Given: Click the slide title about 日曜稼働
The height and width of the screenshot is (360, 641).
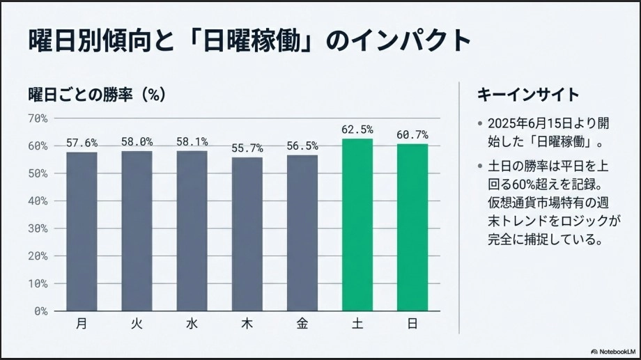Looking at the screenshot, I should (x=249, y=40).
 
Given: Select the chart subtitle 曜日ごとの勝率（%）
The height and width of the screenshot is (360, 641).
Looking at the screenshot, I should (x=97, y=94).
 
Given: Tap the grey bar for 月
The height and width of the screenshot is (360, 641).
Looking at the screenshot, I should (x=82, y=231).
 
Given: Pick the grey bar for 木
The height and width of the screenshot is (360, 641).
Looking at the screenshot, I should (x=247, y=234).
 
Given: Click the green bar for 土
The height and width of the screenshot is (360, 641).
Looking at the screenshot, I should (x=357, y=224).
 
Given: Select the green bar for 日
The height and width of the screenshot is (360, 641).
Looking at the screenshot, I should (x=412, y=227).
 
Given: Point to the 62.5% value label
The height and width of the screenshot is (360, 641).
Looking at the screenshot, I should (x=357, y=130).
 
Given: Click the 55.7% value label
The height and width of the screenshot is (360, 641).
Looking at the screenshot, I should (x=247, y=148).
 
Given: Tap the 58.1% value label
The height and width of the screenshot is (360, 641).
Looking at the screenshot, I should (x=192, y=142).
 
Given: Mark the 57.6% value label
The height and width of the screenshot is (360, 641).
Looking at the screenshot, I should (x=82, y=143).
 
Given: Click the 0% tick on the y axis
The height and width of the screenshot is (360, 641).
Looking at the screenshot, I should (x=40, y=311).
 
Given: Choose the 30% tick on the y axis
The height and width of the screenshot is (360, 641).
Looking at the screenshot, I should (x=38, y=228).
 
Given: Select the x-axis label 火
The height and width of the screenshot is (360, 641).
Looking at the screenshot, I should (x=137, y=324).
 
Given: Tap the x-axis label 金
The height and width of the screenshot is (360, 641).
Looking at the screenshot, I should (x=302, y=324).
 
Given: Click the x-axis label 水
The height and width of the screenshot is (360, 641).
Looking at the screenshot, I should (x=192, y=324).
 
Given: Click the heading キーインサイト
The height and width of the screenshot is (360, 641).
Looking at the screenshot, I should (x=527, y=95).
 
